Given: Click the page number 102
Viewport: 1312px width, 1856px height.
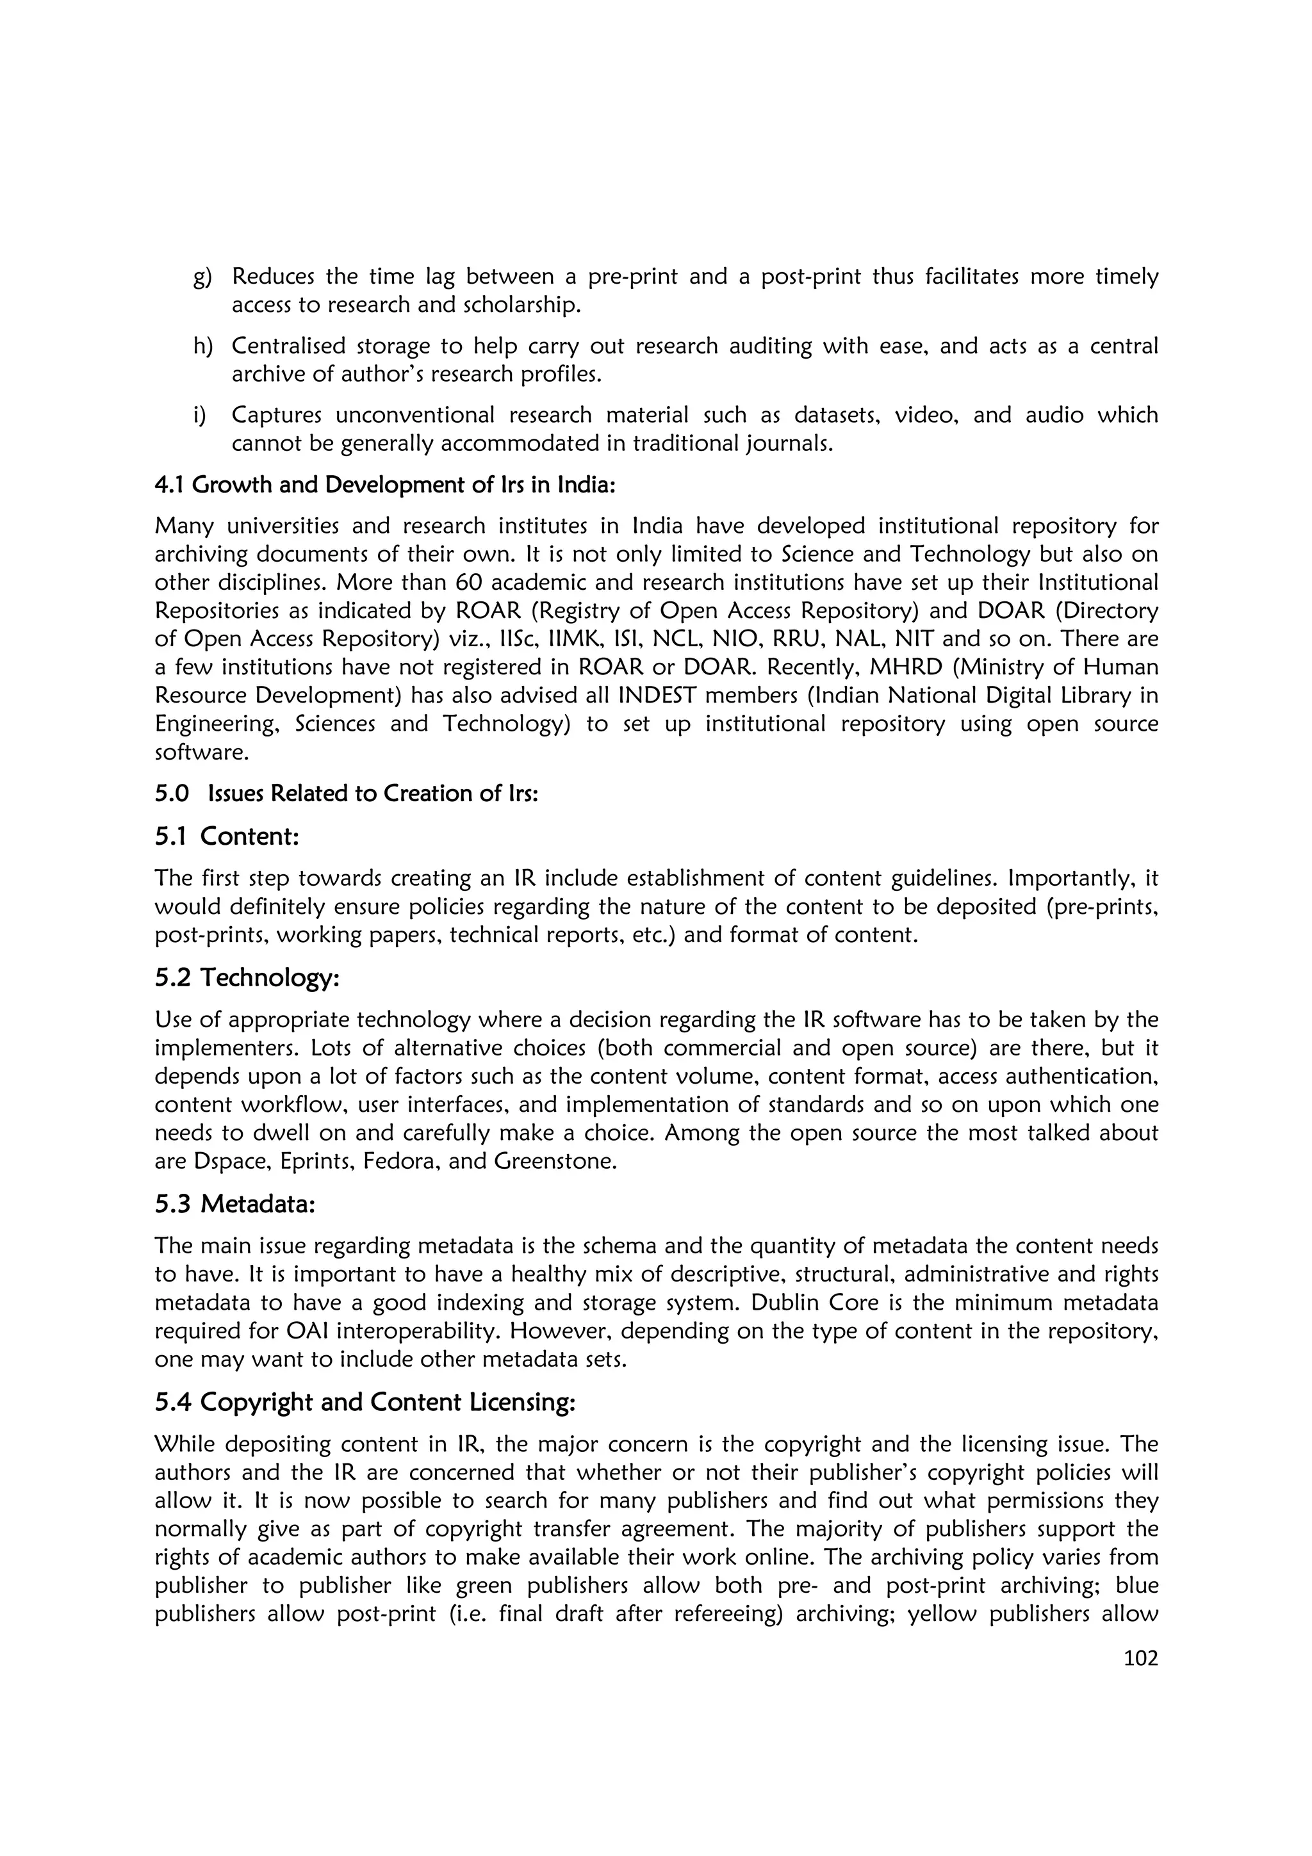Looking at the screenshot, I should pos(1140,1659).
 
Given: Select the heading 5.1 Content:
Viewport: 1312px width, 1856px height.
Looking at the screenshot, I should pos(227,836).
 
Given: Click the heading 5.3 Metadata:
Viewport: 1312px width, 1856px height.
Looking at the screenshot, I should pos(234,1203).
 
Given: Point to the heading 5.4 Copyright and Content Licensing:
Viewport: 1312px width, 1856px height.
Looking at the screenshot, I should pos(365,1402).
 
